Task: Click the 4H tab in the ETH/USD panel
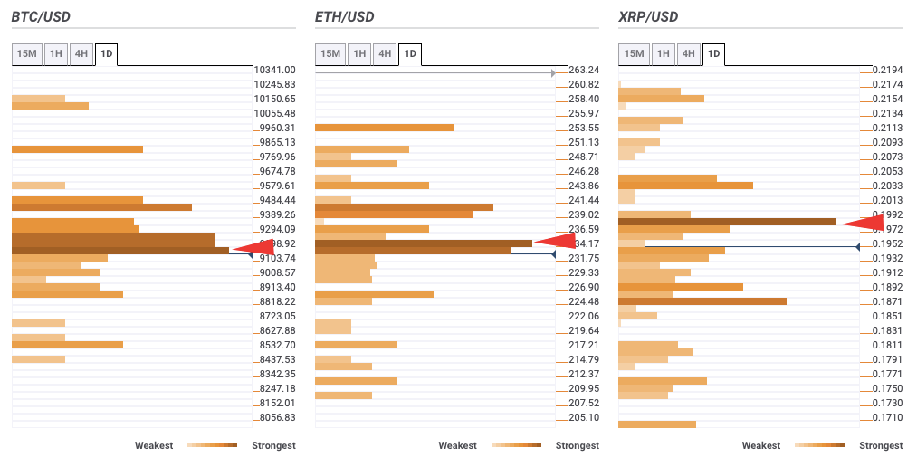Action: point(385,54)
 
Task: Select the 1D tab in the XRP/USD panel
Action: point(713,54)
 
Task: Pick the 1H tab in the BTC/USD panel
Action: point(56,54)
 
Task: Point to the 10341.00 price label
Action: point(274,70)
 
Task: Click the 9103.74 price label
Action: point(276,258)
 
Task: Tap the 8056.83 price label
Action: point(276,417)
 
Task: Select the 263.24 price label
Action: point(584,70)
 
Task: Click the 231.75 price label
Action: point(584,258)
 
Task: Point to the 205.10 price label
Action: point(584,417)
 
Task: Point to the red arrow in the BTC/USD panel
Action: point(253,247)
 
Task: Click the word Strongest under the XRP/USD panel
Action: point(881,445)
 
